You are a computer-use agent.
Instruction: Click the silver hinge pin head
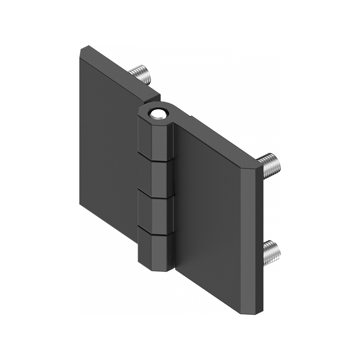click(158, 113)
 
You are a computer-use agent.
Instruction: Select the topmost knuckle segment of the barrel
click(155, 139)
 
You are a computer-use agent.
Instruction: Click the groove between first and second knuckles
click(155, 158)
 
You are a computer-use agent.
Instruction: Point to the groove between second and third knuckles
click(155, 194)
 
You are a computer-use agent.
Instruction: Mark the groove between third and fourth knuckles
click(155, 230)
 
